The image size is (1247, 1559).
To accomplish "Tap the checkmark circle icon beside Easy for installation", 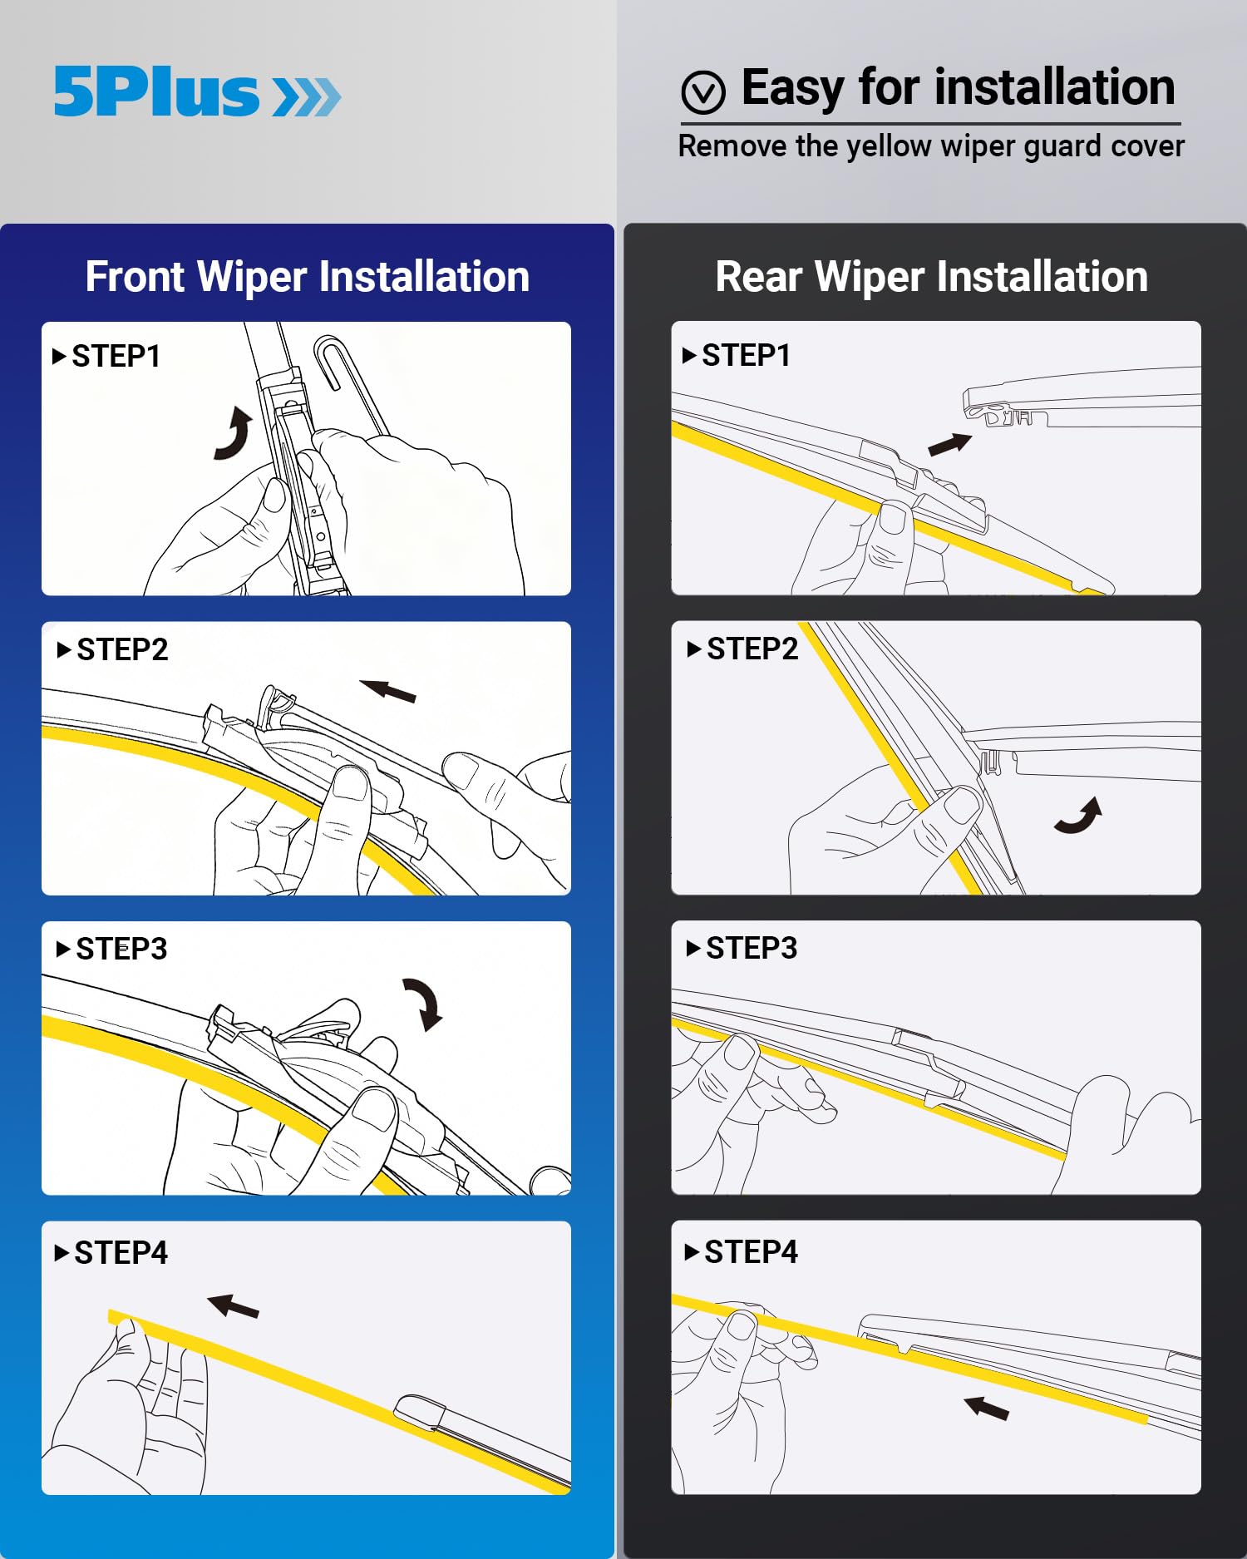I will point(703,92).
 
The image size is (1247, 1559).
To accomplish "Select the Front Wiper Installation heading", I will point(307,277).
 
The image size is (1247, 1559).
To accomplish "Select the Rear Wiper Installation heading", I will point(931,277).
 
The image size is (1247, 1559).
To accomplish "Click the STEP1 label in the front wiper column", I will point(116,357).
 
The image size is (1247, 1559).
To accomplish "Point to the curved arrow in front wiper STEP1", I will point(234,433).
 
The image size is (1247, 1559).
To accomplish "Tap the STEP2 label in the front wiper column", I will point(121,650).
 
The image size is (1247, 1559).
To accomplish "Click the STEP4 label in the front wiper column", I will point(121,1253).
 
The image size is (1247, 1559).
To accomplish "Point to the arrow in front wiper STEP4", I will point(234,1306).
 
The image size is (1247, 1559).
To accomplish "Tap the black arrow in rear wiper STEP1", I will point(949,445).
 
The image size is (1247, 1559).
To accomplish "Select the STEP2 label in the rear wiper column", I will point(752,649).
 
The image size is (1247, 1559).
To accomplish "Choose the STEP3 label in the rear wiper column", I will point(751,949).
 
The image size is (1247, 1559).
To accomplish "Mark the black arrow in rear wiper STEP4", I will point(987,1408).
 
